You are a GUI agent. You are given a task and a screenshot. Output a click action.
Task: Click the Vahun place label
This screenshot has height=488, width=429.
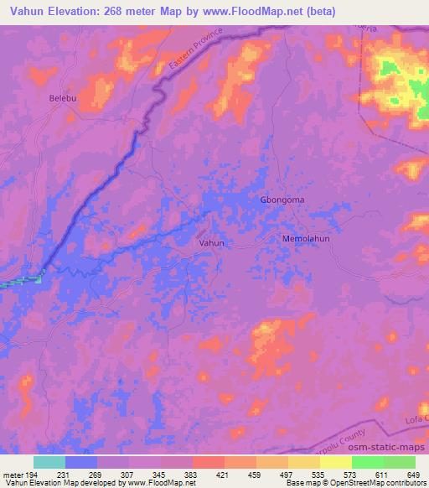coord(214,242)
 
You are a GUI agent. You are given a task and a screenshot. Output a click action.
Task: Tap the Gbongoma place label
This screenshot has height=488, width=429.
coord(280,200)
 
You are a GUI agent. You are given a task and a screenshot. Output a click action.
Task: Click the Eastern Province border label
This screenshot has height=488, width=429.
coord(194,51)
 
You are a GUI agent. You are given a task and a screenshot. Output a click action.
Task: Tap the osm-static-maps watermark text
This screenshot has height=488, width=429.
coord(390,449)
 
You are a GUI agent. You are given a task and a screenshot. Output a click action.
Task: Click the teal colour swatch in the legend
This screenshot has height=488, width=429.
coord(49,462)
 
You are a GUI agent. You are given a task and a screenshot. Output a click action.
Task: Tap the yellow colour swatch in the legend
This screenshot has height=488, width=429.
coord(336,462)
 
